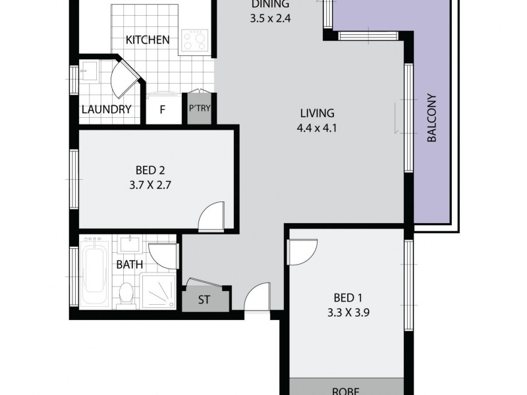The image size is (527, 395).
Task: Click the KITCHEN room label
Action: pyautogui.click(x=148, y=40)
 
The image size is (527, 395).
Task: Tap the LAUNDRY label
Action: pyautogui.click(x=106, y=110)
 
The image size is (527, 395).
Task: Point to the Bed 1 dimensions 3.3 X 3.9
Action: pyautogui.click(x=347, y=313)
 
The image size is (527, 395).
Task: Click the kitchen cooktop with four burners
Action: pyautogui.click(x=195, y=41)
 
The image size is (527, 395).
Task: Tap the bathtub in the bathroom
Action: pyautogui.click(x=96, y=271)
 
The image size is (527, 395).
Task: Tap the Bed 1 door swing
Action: pyautogui.click(x=301, y=251)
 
